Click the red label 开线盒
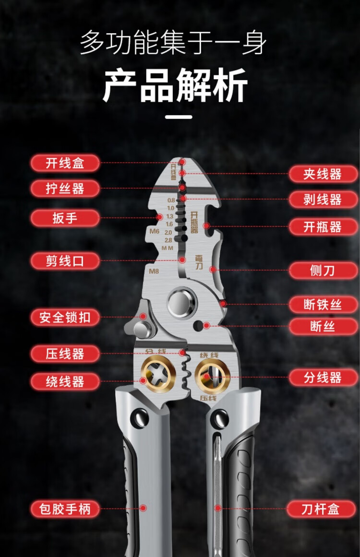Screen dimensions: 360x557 click(65, 163)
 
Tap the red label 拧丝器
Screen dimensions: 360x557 click(65, 188)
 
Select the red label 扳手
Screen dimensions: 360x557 click(65, 218)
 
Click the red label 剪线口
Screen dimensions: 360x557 click(65, 261)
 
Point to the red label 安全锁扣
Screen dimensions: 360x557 click(65, 317)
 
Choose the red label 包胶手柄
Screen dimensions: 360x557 click(65, 509)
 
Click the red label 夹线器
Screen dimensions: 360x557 click(323, 174)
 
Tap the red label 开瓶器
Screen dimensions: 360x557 click(323, 226)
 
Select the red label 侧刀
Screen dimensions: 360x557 click(323, 270)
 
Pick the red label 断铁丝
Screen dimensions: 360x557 click(323, 305)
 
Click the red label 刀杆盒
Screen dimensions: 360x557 click(321, 509)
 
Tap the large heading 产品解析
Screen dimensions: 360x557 click(175, 85)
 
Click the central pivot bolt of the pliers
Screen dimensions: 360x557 click(181, 303)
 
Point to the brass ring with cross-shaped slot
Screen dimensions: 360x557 click(158, 375)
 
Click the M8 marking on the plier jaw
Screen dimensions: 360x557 click(154, 272)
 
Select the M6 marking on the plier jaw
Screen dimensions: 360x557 click(154, 231)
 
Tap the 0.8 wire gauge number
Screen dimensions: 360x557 click(171, 201)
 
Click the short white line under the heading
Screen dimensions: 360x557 click(179, 117)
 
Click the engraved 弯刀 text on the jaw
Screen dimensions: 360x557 click(199, 261)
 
